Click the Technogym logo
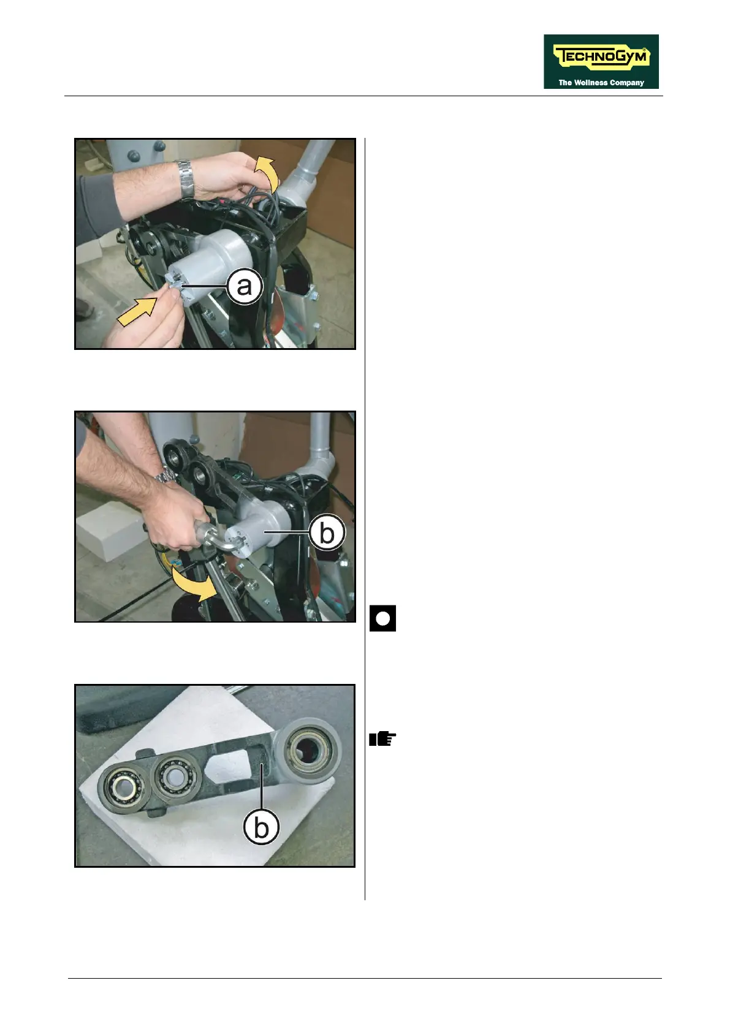601,61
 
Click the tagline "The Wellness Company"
601,83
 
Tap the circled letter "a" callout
245,286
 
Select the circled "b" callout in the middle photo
327,533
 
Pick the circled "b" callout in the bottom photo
261,827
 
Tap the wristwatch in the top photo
185,179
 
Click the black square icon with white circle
382,618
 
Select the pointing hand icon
382,738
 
